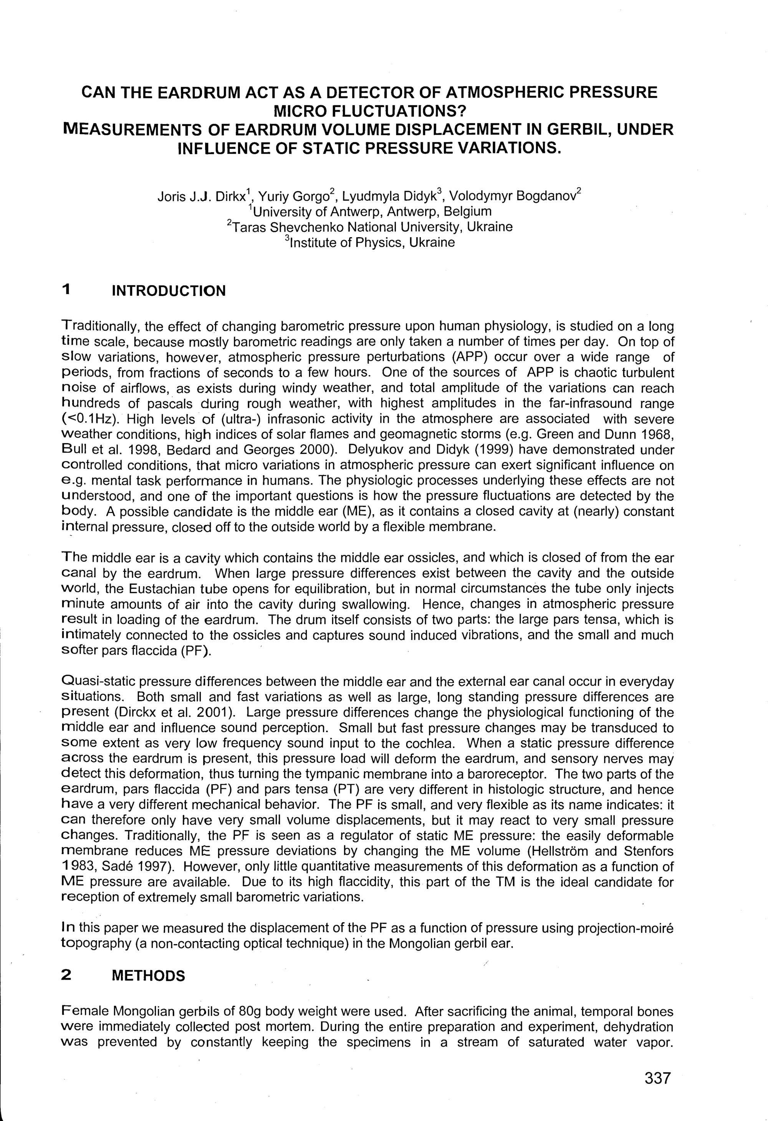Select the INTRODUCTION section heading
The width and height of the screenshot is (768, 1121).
168,291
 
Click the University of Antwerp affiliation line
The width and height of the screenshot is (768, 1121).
370,212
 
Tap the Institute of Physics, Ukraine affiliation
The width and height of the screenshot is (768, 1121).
370,242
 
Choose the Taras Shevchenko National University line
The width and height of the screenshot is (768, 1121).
370,227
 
